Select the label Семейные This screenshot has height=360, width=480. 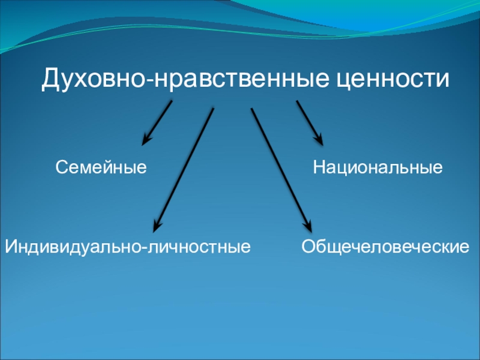coord(101,167)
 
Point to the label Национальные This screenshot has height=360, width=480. coord(377,167)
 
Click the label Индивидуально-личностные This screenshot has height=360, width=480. coord(128,246)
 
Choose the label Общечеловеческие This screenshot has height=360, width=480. coord(385,246)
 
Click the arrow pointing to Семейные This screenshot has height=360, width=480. coord(157,122)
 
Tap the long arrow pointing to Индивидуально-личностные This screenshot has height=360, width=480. coord(184,168)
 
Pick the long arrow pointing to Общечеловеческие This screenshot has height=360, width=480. coord(280,168)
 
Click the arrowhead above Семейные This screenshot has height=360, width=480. coord(145,141)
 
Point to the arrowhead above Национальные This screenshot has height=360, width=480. coord(320,140)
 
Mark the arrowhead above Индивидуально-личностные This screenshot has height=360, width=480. coord(157,227)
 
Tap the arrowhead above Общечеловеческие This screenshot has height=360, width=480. coord(308,226)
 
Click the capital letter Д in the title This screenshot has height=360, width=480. coord(49,79)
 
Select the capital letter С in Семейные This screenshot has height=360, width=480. coord(61,167)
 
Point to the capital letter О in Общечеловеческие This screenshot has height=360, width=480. coord(307,246)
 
